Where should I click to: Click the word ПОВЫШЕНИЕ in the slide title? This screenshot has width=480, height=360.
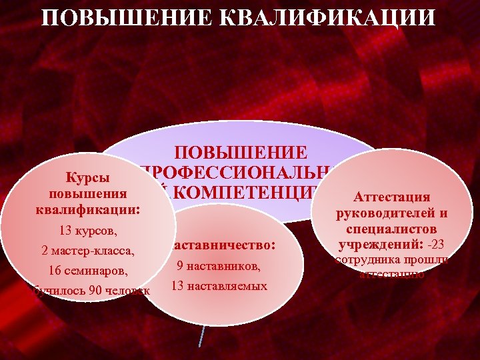(119, 17)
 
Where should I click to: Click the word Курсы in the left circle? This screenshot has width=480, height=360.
(87, 179)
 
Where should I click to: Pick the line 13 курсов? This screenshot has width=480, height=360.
(87, 231)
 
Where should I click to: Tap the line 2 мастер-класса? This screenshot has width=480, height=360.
(87, 251)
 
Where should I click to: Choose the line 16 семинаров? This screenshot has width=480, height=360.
(87, 271)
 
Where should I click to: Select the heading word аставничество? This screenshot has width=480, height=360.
(223, 245)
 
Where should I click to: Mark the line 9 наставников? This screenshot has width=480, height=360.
(218, 266)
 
